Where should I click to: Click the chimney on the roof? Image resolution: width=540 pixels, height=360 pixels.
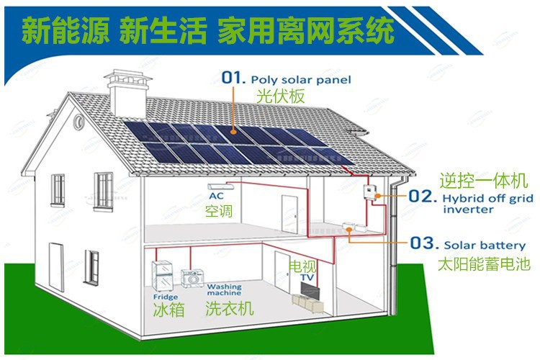127,92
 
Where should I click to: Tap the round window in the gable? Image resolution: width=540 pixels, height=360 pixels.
79,121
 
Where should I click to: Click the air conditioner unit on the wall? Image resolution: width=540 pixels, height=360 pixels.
221,186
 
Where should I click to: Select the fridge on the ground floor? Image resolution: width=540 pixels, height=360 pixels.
162,276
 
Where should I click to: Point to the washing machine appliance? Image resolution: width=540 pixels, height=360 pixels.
192,279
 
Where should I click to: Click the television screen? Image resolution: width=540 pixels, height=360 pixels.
310,290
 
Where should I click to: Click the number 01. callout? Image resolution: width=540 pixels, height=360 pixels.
233,78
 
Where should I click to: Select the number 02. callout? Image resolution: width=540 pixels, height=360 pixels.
422,197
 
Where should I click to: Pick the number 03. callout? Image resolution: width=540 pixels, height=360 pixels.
424,243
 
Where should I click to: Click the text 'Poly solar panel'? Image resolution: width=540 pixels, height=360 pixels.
301,80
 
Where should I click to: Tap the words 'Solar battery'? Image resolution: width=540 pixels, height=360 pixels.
485,246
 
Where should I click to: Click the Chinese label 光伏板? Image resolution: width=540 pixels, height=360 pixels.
281,96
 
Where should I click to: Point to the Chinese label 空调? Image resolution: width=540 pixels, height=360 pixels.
219,211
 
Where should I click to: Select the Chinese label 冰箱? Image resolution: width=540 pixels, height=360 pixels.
168,310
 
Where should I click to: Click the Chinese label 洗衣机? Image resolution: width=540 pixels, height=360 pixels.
230,308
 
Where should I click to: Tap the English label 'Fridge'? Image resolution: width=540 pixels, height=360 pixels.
166,297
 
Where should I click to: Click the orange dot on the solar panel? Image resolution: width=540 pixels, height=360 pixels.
233,132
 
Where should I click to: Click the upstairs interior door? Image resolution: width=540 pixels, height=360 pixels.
289,214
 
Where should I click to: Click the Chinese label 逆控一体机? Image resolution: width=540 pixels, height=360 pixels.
484,181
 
